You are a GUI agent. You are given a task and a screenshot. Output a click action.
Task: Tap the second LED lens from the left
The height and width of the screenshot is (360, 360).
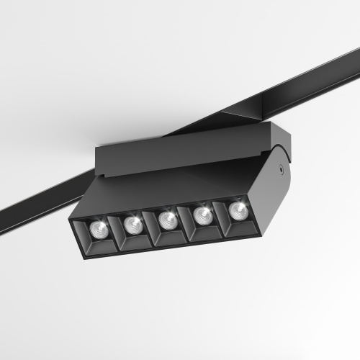point(132,225)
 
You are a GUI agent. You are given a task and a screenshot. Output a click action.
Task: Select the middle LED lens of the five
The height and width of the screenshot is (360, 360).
point(167,219)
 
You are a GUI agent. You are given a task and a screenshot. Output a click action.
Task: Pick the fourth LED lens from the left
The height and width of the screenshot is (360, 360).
point(202,214)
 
